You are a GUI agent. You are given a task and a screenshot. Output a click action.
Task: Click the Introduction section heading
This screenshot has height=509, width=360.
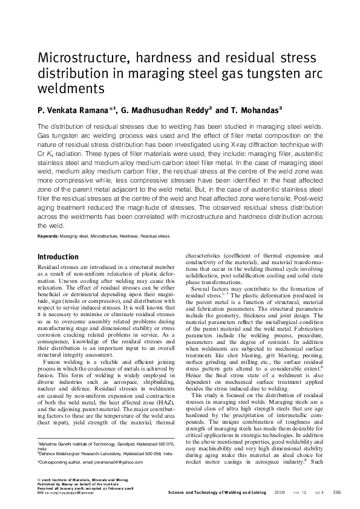pyautogui.click(x=58, y=257)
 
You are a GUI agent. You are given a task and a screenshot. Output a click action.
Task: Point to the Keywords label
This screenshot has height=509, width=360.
pyautogui.click(x=50, y=235)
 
